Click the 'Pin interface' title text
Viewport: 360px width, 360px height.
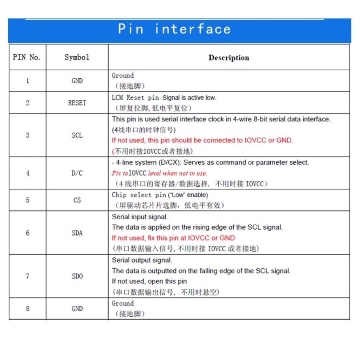click(x=174, y=29)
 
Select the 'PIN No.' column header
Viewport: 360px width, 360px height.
click(x=27, y=57)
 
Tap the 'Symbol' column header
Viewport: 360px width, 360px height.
click(x=77, y=57)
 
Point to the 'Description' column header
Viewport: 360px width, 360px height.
click(x=229, y=58)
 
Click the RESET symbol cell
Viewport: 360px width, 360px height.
click(x=77, y=103)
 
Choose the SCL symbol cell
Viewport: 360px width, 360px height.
click(x=77, y=135)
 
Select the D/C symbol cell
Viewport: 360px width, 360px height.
click(x=77, y=173)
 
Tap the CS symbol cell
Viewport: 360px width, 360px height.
click(x=77, y=200)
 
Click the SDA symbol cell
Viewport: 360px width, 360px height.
click(x=77, y=233)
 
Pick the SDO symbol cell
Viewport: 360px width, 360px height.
click(x=77, y=276)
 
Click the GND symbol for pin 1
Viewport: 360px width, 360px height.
click(x=77, y=81)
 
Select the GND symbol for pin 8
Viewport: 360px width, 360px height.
click(x=77, y=309)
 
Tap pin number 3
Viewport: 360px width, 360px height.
click(x=27, y=135)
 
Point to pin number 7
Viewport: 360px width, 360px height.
click(x=27, y=276)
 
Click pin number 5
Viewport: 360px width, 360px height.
click(x=27, y=200)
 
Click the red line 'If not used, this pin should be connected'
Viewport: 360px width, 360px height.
click(x=202, y=140)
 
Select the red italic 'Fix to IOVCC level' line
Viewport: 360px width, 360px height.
click(x=159, y=173)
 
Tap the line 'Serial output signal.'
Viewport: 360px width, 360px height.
click(x=142, y=260)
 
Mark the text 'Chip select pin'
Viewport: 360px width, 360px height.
click(x=139, y=195)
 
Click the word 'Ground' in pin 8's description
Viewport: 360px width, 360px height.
click(x=123, y=303)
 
